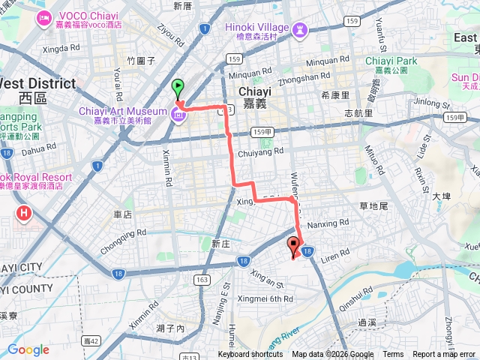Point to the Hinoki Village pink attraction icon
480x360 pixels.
tap(300, 29)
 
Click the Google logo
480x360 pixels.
tap(28, 349)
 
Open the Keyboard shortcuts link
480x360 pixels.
tap(250, 355)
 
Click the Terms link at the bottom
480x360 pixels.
tap(393, 355)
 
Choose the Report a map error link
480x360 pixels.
tap(444, 355)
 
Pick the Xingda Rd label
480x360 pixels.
tap(62, 49)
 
